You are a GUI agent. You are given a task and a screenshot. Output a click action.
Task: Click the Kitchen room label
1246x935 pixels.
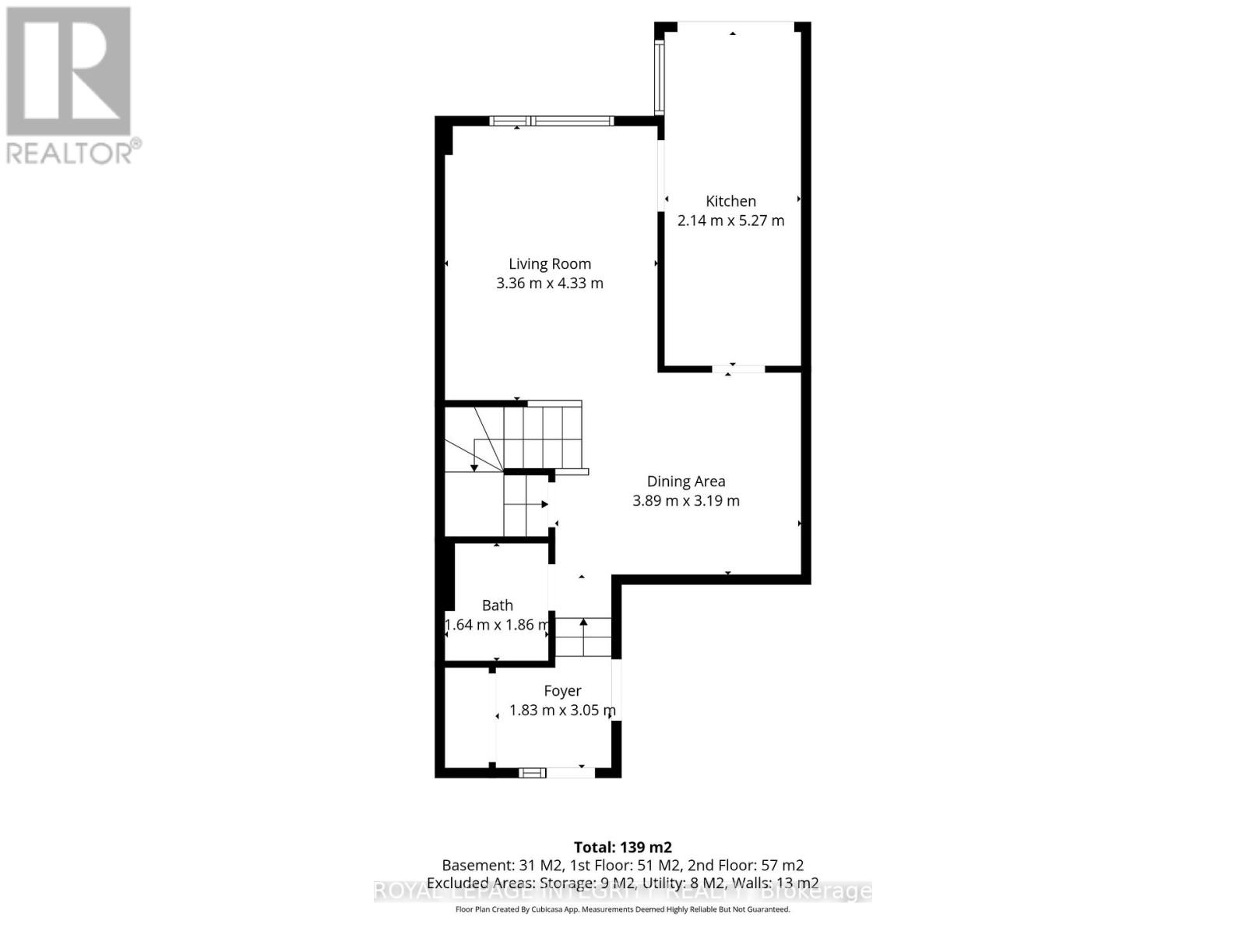(x=730, y=201)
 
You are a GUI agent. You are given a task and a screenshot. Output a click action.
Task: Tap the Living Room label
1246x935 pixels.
(x=550, y=264)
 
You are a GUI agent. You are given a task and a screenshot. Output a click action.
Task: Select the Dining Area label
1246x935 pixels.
(x=686, y=482)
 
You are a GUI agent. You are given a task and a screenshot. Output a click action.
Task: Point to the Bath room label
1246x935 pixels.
(x=498, y=605)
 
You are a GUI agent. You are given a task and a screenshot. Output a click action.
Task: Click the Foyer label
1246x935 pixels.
(x=562, y=691)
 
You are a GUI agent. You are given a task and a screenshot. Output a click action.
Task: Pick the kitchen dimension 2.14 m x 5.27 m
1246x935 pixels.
(x=730, y=221)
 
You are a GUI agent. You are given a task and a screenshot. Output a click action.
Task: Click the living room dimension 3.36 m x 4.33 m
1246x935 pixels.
(x=550, y=284)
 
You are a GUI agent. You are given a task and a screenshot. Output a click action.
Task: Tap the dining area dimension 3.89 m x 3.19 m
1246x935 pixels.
(x=686, y=501)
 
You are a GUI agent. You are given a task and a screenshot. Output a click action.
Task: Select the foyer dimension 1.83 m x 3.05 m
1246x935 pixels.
(x=562, y=711)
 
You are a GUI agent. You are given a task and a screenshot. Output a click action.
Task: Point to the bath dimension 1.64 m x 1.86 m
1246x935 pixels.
(x=498, y=625)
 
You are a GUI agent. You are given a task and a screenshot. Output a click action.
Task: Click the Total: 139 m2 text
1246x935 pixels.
(x=622, y=847)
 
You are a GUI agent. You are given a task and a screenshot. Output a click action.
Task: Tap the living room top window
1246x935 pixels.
(x=551, y=121)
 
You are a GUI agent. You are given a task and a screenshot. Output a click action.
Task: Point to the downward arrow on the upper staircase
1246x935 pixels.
(x=474, y=467)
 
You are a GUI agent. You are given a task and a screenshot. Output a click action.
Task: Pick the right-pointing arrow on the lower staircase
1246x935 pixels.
(x=545, y=505)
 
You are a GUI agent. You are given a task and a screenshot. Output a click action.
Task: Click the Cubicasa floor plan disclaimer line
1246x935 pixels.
(x=622, y=909)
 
